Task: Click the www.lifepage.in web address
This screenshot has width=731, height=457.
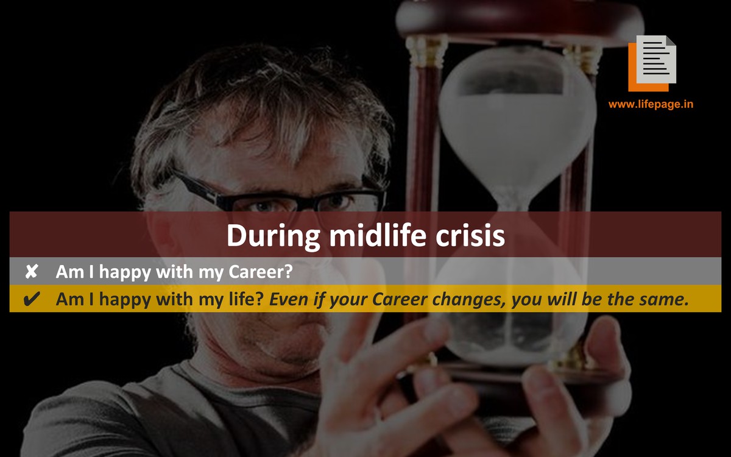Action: [651, 104]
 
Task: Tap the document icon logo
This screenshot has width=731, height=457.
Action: [652, 63]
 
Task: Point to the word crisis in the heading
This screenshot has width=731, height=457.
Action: [470, 236]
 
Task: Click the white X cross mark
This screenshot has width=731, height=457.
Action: [32, 271]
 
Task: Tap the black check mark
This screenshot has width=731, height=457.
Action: [32, 299]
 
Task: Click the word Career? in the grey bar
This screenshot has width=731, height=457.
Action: [261, 272]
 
